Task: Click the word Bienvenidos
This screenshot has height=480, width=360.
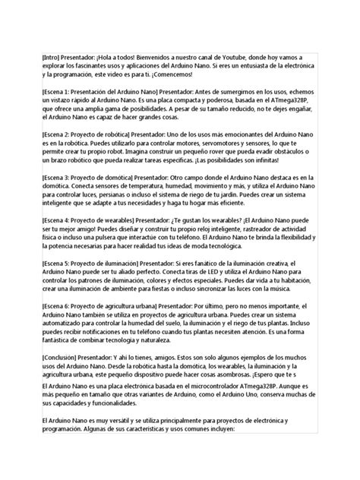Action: (168, 57)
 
